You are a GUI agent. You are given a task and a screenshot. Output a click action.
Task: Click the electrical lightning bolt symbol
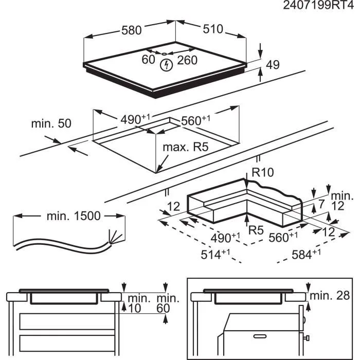166,65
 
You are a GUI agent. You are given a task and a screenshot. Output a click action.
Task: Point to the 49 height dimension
273,65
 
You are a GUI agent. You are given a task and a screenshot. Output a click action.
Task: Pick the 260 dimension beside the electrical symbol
187,60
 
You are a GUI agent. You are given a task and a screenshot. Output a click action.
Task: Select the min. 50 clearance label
51,123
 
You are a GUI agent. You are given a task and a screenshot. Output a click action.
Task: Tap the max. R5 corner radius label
185,148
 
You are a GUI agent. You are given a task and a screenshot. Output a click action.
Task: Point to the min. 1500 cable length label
74,216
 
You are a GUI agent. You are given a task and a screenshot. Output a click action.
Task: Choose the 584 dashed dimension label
304,253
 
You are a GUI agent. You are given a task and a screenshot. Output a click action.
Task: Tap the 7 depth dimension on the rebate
322,204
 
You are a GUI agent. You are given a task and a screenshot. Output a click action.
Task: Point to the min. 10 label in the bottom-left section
138,303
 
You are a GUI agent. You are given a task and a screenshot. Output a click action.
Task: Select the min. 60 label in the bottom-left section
168,303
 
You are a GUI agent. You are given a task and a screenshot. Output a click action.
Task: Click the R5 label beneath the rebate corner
256,230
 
